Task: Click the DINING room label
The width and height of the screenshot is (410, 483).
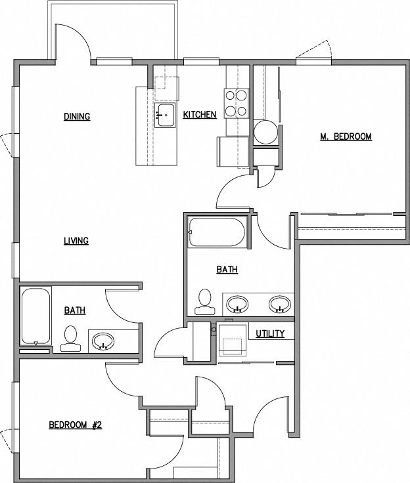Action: tap(77, 117)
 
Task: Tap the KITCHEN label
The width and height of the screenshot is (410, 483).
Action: tap(200, 115)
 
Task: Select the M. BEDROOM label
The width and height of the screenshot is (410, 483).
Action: tap(346, 136)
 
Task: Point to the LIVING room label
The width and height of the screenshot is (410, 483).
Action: tap(76, 241)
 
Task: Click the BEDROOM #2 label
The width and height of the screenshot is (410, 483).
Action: tap(76, 425)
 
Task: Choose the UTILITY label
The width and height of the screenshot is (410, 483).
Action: tap(270, 333)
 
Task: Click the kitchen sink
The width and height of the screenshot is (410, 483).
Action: tap(165, 115)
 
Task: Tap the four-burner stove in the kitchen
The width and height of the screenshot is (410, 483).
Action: tap(237, 103)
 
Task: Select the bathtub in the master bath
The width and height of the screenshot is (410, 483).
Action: tap(217, 232)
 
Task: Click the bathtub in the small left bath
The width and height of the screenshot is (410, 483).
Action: tap(35, 316)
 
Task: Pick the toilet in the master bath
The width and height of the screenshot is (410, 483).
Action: tap(205, 301)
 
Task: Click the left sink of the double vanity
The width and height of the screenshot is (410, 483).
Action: tap(237, 304)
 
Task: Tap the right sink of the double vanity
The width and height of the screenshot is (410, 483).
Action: tap(281, 304)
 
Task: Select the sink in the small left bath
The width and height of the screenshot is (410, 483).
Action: tap(103, 341)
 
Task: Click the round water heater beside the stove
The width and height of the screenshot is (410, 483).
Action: tap(266, 132)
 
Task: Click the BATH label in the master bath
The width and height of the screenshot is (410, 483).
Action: tap(227, 269)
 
